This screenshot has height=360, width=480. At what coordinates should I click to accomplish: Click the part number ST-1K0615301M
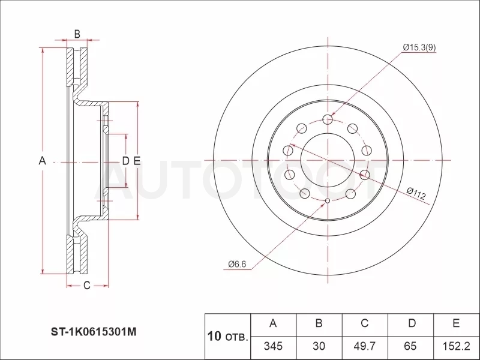pos(94,332)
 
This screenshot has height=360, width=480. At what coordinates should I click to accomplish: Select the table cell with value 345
pos(274,346)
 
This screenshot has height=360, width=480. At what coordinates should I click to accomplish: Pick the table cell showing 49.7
pos(365,346)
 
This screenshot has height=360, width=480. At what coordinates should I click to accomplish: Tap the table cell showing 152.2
pos(457,346)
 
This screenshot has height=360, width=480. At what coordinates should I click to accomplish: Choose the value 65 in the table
pos(410,346)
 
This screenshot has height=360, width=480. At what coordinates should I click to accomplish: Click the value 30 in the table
pos(319,346)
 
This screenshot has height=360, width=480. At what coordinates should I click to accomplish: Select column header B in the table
pos(319,323)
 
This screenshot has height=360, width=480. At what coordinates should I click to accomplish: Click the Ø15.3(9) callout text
pos(419,47)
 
